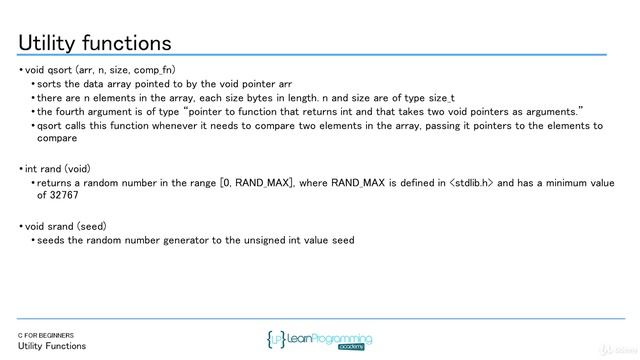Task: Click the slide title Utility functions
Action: point(95,43)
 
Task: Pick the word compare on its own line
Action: point(57,139)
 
